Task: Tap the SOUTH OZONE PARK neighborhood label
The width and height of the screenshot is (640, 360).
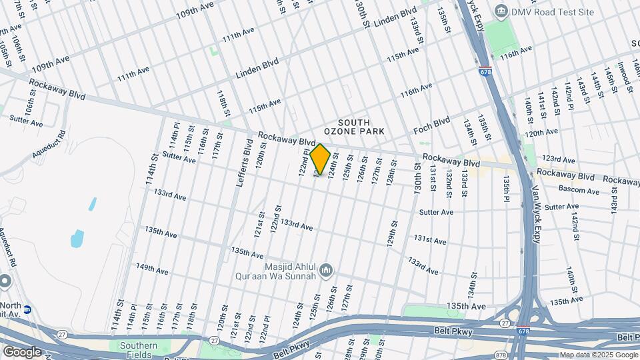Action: pyautogui.click(x=361, y=127)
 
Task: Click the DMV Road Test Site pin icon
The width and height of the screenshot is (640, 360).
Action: pyautogui.click(x=501, y=11)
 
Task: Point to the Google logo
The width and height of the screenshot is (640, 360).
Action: pyautogui.click(x=22, y=351)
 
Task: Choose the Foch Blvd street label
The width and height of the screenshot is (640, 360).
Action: pyautogui.click(x=432, y=123)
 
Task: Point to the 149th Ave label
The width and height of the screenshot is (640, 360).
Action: pyautogui.click(x=152, y=269)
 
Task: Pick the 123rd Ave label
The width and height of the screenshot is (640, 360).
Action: pyautogui.click(x=559, y=159)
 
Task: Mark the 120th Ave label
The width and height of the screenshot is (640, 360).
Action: pyautogui.click(x=541, y=132)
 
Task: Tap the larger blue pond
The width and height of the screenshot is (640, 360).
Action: pyautogui.click(x=78, y=238)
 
